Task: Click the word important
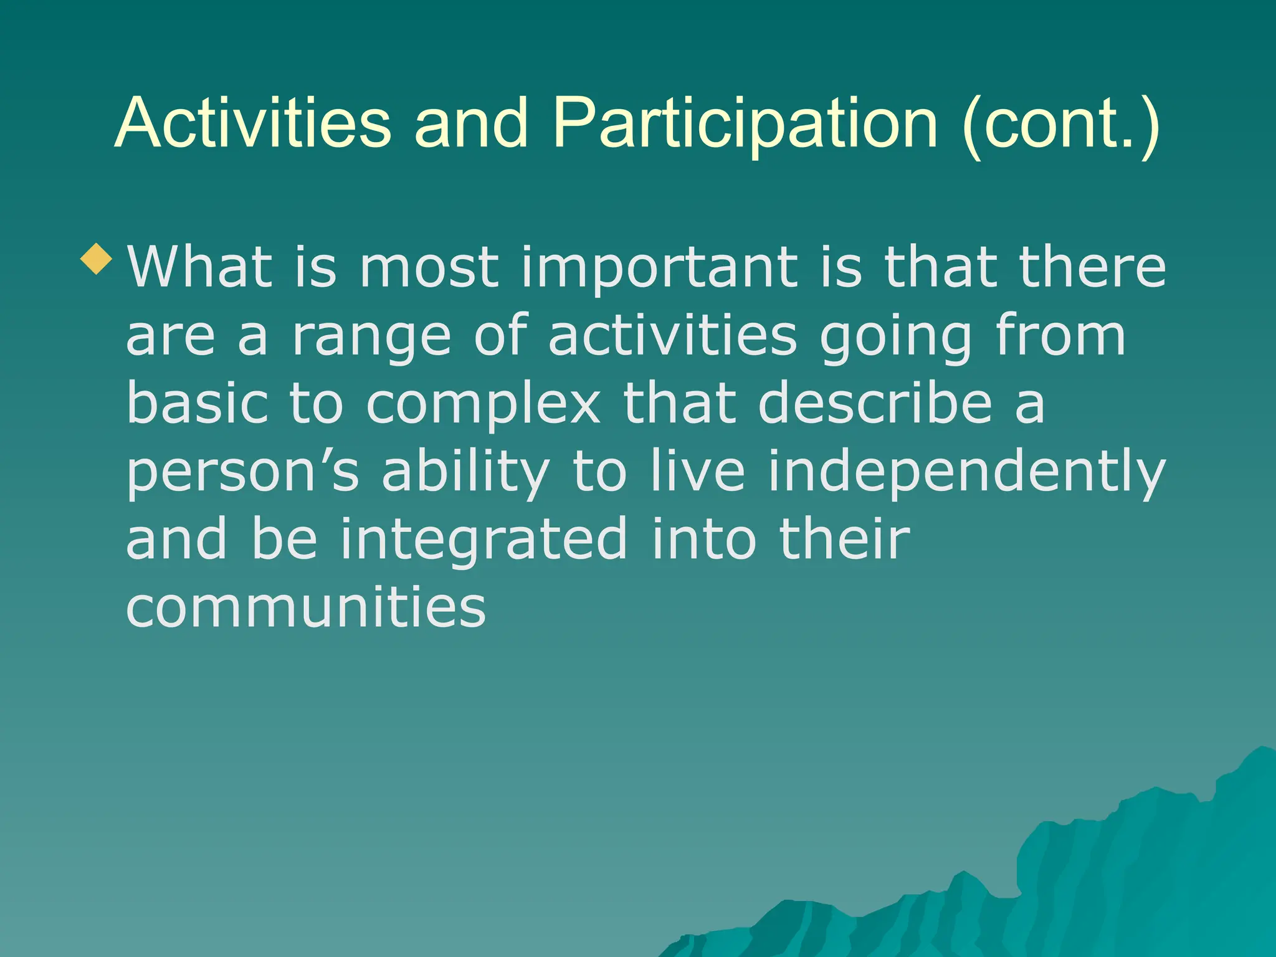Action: pos(659,268)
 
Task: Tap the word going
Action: pos(895,336)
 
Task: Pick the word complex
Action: pos(483,405)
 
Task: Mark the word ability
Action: pos(465,472)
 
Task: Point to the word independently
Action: pos(966,472)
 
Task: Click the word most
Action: pos(429,268)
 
